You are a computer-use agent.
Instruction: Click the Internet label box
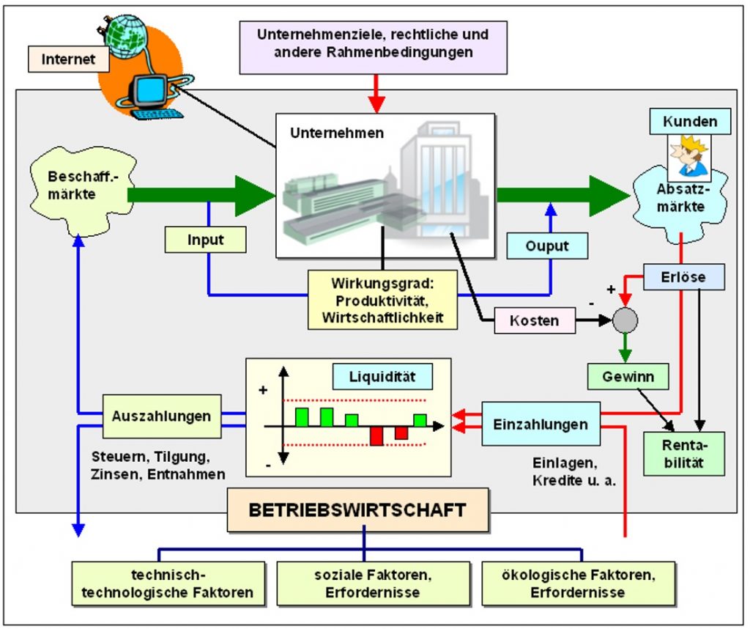point(68,59)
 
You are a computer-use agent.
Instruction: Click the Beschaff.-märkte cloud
point(81,191)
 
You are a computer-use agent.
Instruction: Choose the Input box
point(205,239)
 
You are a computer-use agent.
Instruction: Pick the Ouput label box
point(547,246)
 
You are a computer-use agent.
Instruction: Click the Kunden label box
point(690,121)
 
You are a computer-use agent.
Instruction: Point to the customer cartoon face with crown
point(688,156)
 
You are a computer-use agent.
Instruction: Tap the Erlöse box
point(683,276)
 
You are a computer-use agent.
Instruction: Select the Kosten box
point(534,320)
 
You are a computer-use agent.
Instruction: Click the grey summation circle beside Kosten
point(625,320)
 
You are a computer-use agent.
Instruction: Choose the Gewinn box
point(628,376)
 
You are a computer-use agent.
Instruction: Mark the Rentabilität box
point(683,454)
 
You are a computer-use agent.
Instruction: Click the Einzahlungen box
point(541,424)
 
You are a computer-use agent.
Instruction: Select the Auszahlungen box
point(162,416)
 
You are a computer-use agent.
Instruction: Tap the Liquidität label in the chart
point(382,376)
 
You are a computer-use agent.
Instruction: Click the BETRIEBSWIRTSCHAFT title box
point(357,510)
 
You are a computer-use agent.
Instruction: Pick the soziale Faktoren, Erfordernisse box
point(373,584)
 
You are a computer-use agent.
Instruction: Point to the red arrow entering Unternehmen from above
point(376,94)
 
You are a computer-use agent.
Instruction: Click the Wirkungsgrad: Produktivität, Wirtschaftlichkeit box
point(382,300)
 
